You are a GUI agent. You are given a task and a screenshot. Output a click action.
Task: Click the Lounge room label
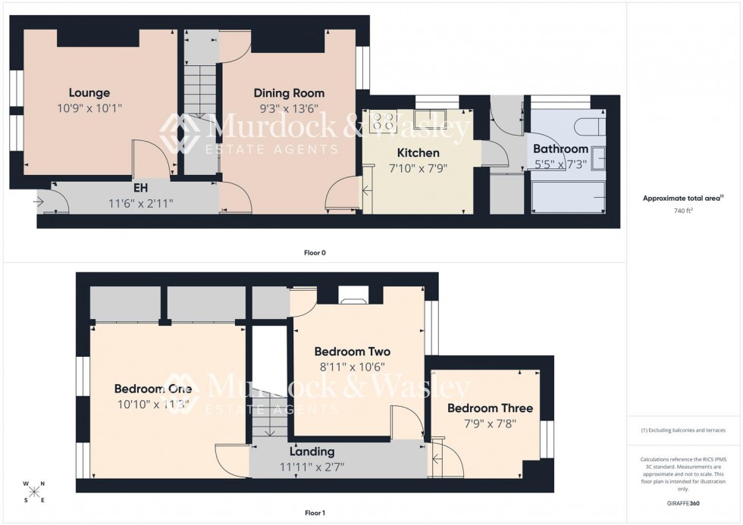89,93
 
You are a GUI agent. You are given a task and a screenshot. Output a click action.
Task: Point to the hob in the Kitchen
383,121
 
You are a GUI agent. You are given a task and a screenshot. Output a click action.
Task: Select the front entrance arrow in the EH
39,202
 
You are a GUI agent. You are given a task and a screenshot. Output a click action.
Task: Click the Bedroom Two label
352,352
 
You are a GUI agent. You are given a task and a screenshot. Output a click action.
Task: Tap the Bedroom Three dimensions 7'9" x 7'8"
490,423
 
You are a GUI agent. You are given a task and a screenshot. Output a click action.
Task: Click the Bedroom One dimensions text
152,404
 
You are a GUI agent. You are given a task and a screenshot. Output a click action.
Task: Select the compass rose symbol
34,491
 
